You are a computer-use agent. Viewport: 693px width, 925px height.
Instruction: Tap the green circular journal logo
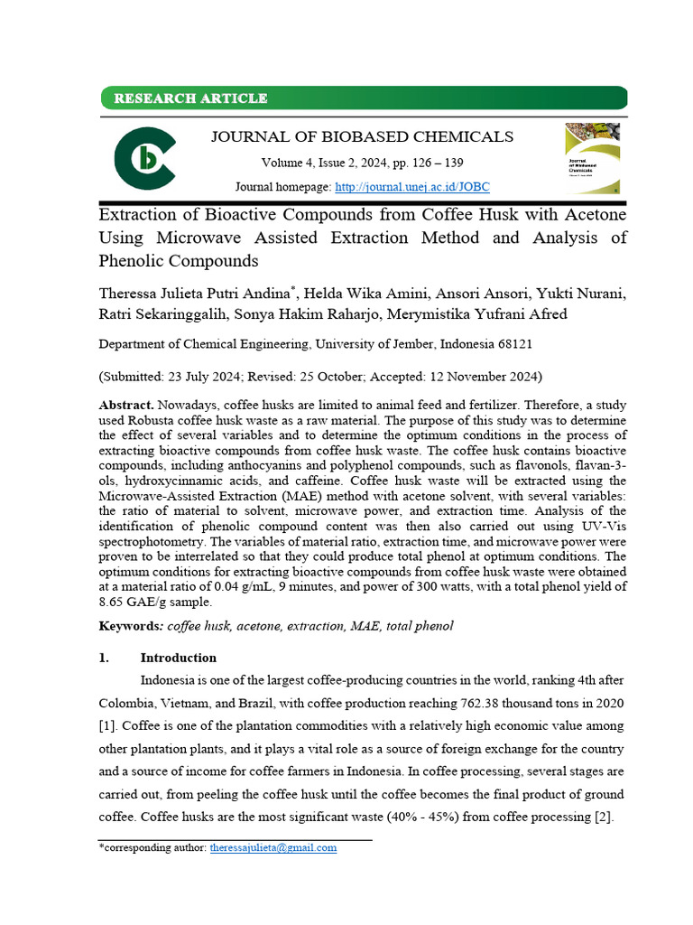tap(144, 159)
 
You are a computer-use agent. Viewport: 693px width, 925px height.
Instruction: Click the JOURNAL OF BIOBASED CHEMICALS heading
tap(361, 136)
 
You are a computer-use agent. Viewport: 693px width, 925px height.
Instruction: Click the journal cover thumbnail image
tap(592, 159)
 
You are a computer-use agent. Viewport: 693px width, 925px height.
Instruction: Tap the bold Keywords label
tap(131, 626)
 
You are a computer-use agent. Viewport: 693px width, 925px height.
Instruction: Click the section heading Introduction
tap(178, 658)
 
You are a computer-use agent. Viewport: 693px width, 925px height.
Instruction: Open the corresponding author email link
tap(273, 847)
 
